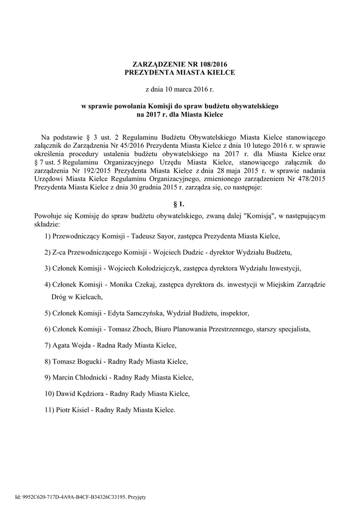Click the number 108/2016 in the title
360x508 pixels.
(216, 64)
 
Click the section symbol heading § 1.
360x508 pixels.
(180, 203)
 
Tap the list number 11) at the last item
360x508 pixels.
(48, 410)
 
